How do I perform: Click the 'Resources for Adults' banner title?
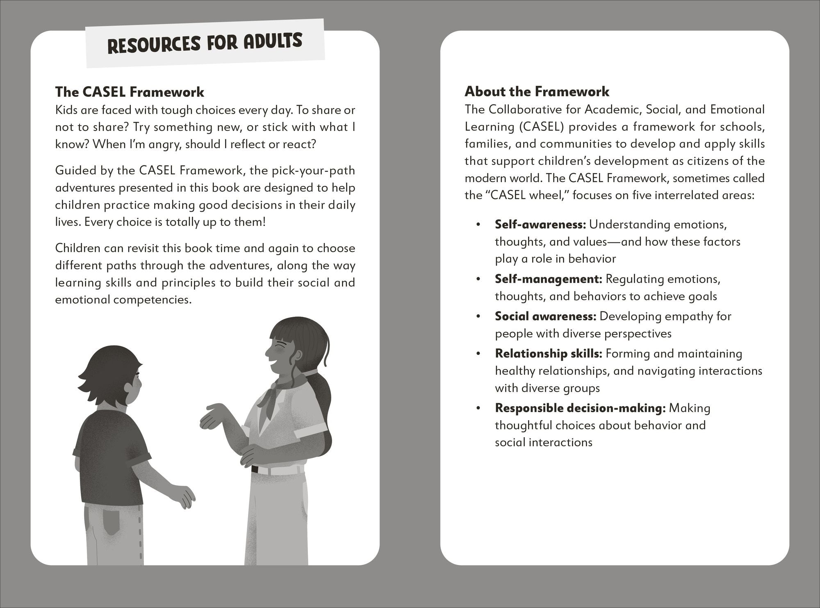tap(205, 43)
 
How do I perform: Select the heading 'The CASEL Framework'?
tap(130, 92)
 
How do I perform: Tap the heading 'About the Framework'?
tap(537, 91)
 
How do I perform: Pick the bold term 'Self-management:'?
tap(548, 279)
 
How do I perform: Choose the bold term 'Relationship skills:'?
tap(548, 354)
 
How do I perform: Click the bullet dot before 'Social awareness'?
tap(478, 317)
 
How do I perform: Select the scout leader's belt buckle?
tap(255, 469)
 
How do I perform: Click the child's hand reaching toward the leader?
tap(184, 496)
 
